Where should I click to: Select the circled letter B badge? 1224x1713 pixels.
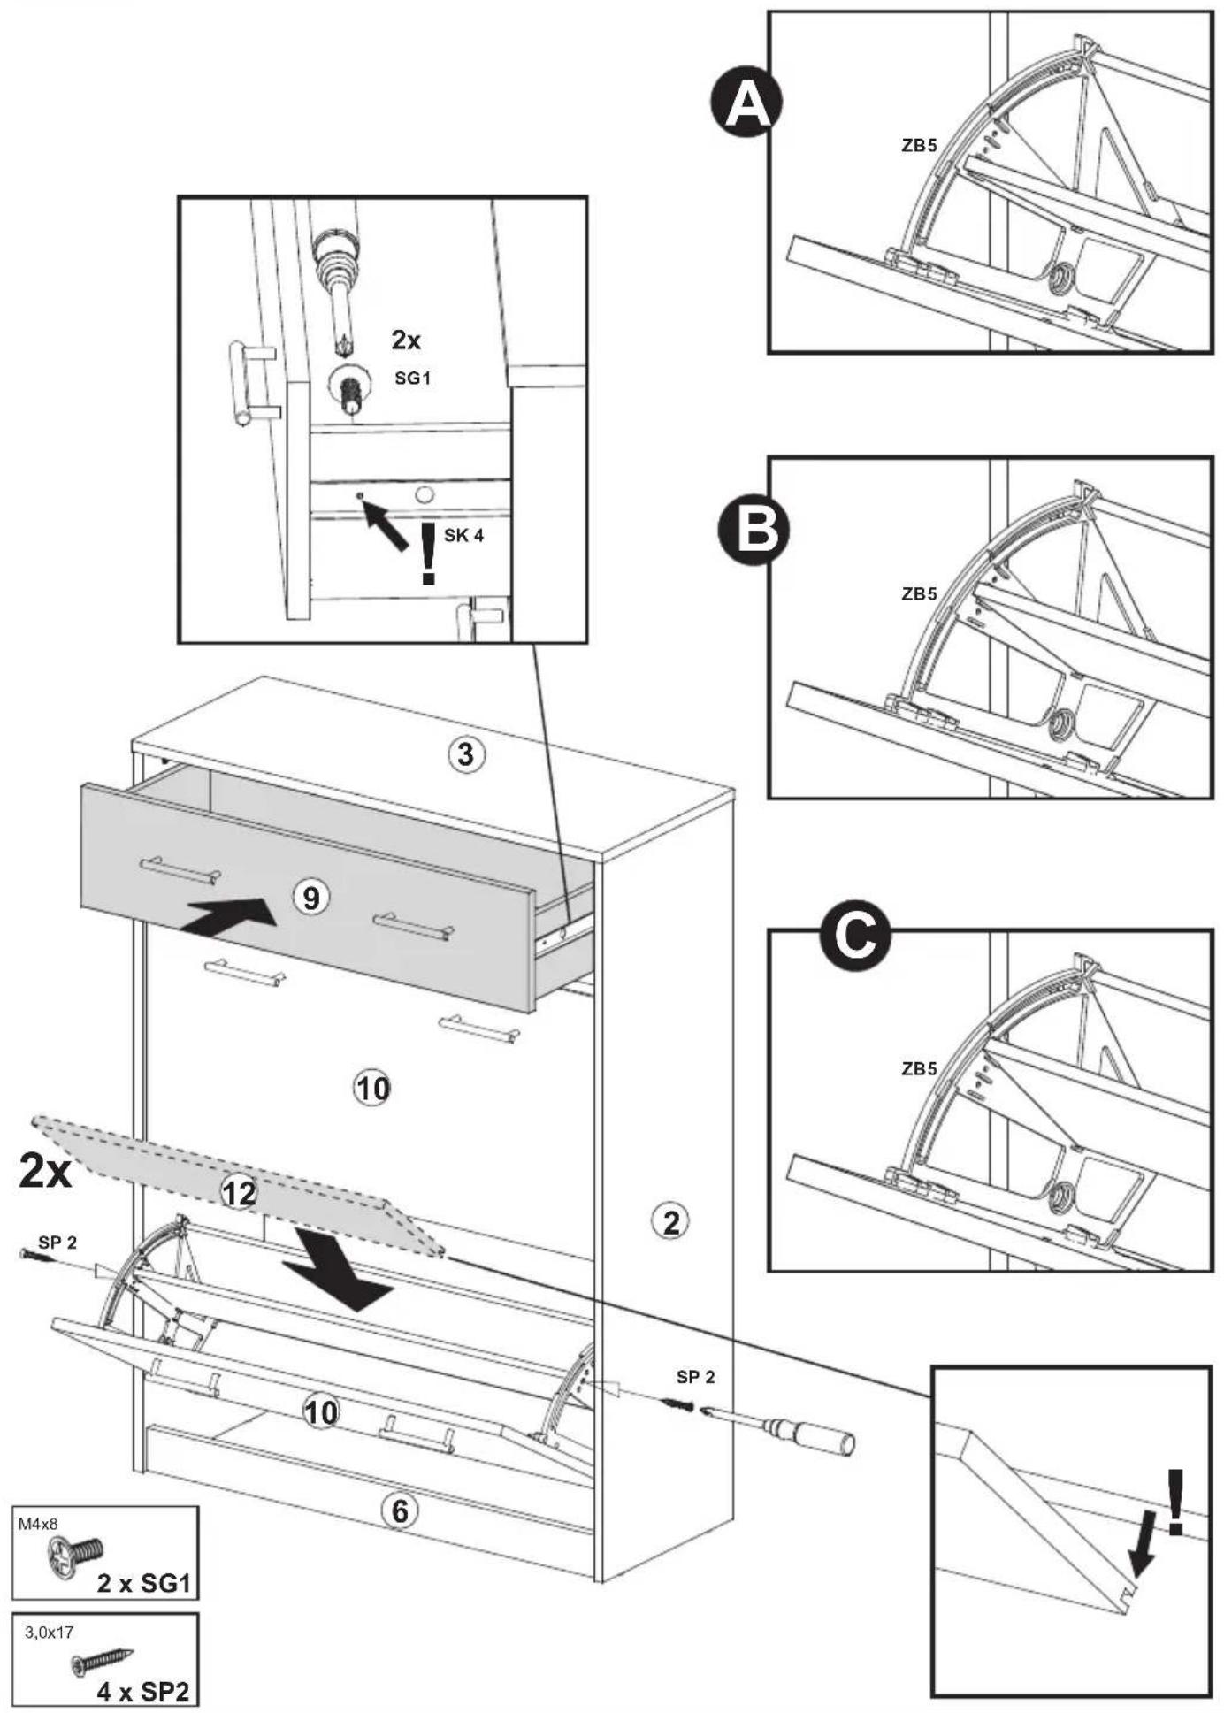[x=754, y=531]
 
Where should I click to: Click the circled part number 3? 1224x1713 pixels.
[x=465, y=754]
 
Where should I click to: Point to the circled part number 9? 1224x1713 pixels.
[x=310, y=899]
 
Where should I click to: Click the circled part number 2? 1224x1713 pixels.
[x=671, y=1222]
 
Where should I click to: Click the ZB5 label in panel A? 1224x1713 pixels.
[x=919, y=146]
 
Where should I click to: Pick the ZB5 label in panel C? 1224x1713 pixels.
[x=919, y=1068]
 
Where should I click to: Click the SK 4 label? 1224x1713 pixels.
[x=463, y=535]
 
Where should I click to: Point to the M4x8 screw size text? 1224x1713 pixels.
[x=38, y=1524]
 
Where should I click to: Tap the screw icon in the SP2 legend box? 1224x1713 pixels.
[x=103, y=1661]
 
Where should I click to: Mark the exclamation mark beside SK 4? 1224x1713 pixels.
[x=429, y=554]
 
